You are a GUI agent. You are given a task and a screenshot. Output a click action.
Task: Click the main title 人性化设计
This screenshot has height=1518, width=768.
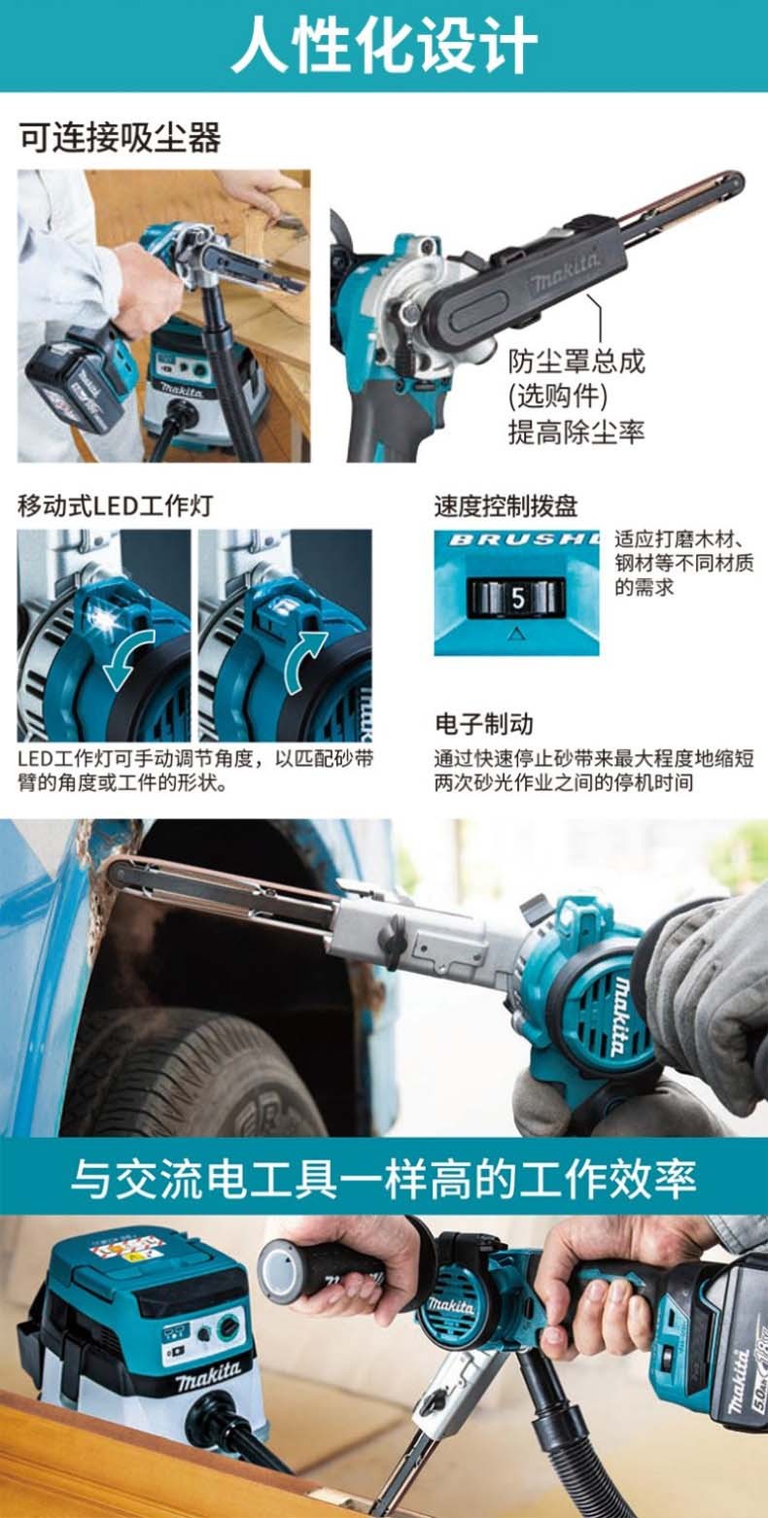tap(384, 45)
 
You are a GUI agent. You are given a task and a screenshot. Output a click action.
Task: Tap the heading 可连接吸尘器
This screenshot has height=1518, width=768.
tap(120, 138)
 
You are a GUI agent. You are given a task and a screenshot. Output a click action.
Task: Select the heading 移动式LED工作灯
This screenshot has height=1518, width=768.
tap(116, 505)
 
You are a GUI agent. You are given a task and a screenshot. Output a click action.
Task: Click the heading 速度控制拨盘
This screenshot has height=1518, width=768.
tap(506, 505)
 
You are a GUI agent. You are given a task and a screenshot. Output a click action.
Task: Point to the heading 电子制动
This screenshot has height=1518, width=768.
tap(484, 724)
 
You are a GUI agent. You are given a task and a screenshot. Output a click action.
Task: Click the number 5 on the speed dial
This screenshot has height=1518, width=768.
tap(518, 599)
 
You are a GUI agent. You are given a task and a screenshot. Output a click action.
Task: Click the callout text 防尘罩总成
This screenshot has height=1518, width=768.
tap(576, 362)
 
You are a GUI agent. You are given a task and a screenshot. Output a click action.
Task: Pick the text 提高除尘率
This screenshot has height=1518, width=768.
tap(576, 431)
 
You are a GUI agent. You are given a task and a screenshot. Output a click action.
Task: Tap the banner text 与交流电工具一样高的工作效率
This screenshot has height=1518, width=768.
tap(384, 1179)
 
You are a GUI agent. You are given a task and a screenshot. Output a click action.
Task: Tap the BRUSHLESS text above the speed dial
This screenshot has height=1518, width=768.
tap(524, 540)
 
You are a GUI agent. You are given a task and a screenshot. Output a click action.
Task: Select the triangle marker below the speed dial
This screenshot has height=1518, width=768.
tap(516, 634)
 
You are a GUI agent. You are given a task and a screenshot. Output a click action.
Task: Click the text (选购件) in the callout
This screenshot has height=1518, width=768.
tap(558, 397)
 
